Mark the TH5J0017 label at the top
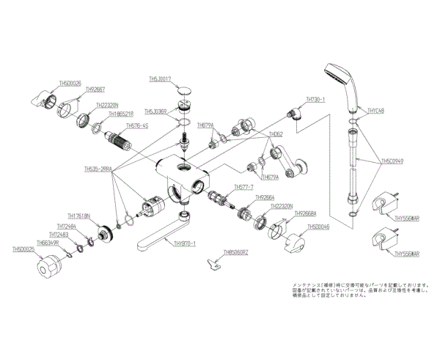(160, 78)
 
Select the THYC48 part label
(375, 111)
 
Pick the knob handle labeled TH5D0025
(50, 267)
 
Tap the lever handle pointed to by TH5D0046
(296, 241)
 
